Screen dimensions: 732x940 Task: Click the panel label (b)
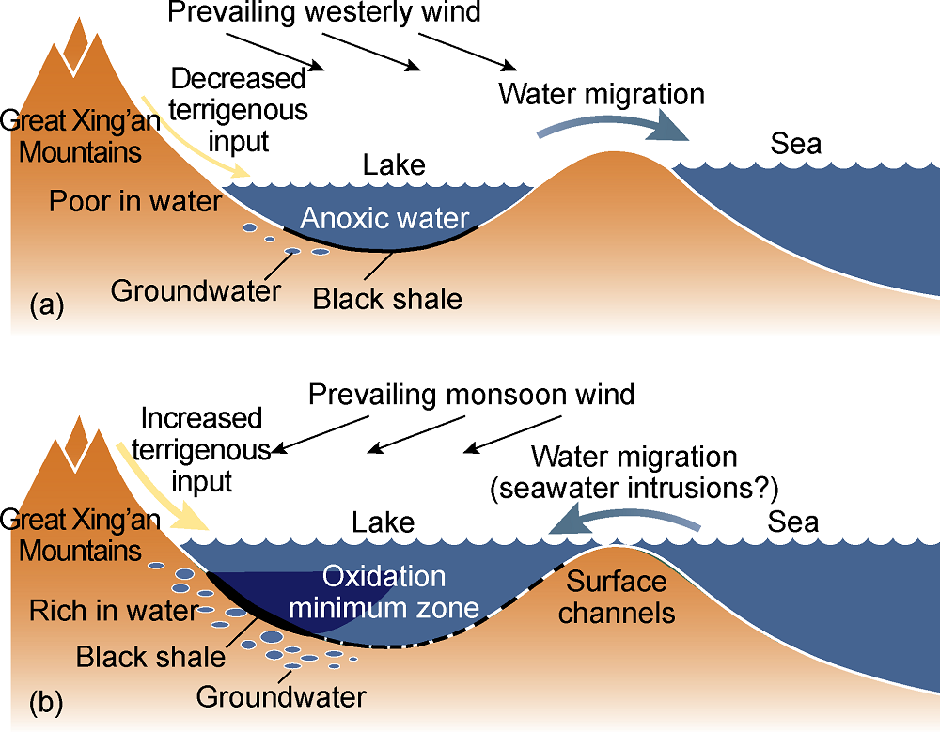click(47, 703)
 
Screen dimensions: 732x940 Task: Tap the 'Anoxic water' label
click(384, 220)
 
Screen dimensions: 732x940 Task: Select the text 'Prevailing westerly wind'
click(324, 14)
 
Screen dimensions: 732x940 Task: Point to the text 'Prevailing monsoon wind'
click(472, 393)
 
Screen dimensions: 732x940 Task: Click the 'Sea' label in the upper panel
click(795, 144)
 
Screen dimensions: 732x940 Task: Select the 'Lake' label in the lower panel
click(383, 522)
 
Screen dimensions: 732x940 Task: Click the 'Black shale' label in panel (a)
click(387, 299)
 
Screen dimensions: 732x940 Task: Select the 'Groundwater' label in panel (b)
click(280, 697)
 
